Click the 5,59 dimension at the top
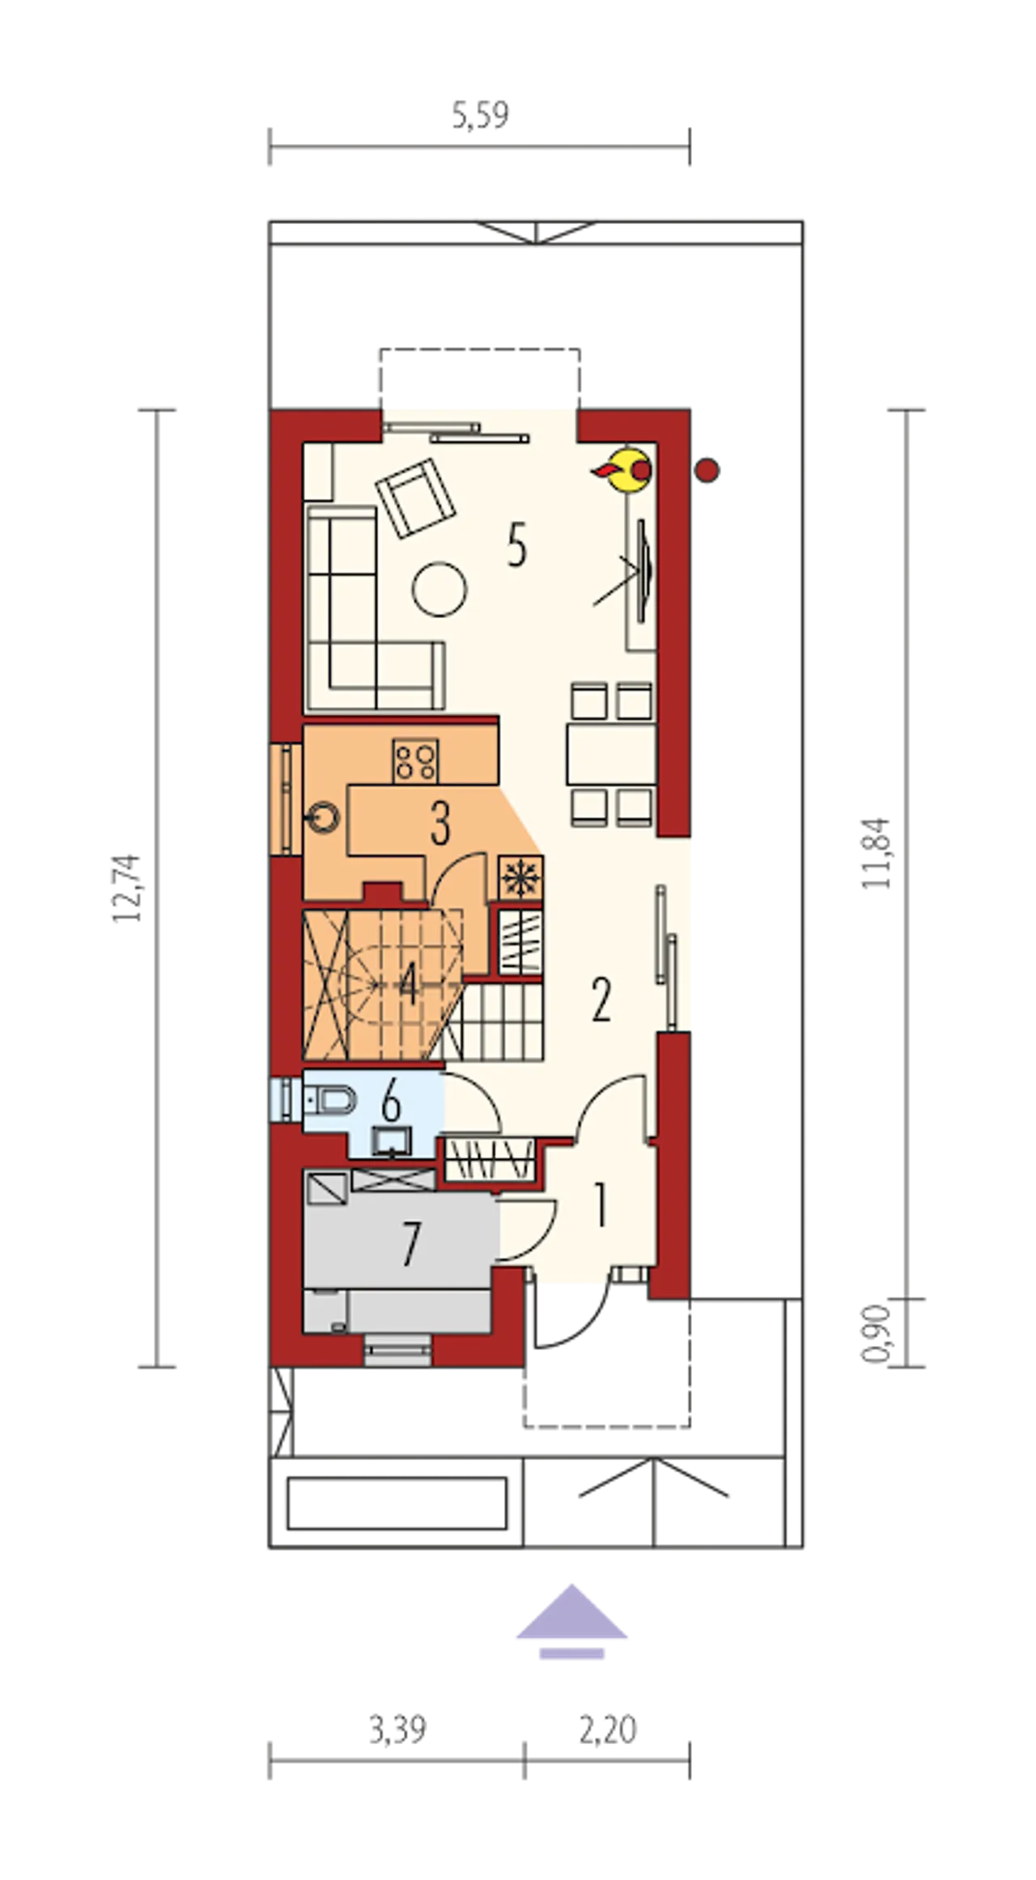click(x=480, y=115)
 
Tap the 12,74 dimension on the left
click(x=127, y=888)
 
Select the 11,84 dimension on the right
click(x=876, y=854)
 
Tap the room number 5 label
click(x=517, y=545)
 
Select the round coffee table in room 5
click(x=439, y=589)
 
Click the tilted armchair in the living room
click(x=414, y=497)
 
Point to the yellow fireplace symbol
click(x=626, y=470)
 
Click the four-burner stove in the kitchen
click(x=416, y=761)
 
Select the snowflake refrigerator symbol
click(x=520, y=878)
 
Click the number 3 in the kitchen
click(x=440, y=824)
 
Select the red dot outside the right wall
click(x=707, y=470)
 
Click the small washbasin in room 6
click(x=392, y=1141)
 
